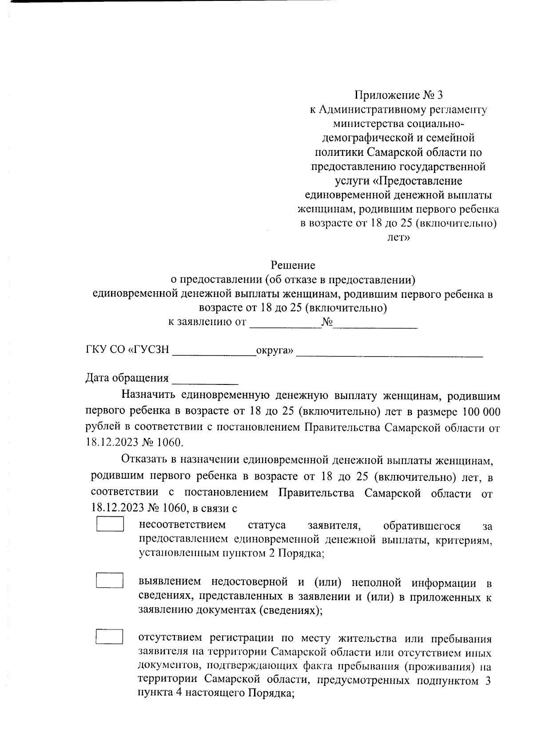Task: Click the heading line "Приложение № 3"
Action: pos(398,95)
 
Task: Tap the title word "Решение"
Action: pos(293,265)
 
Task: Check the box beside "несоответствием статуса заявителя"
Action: pos(110,524)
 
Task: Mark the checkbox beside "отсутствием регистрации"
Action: pos(110,637)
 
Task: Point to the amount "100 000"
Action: pos(481,412)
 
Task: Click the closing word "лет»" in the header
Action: pos(398,238)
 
